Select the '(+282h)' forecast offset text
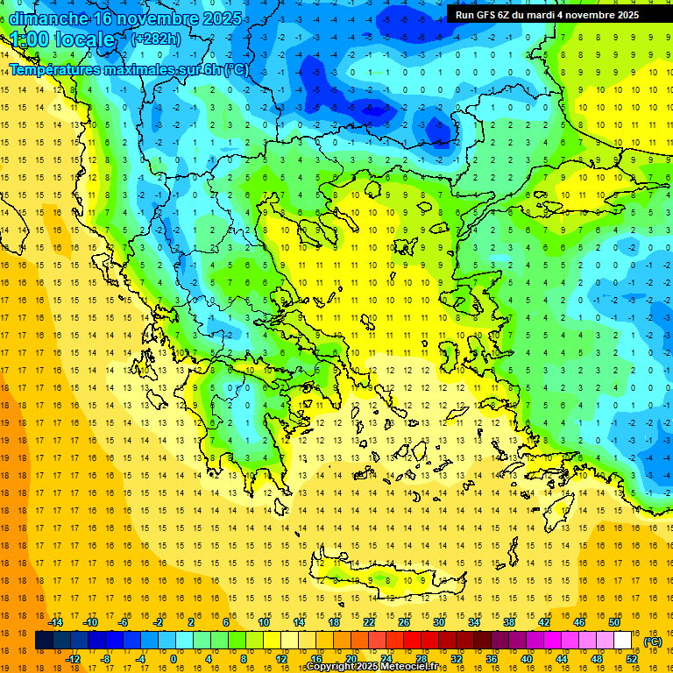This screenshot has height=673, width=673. [156, 39]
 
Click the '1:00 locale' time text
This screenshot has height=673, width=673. [62, 39]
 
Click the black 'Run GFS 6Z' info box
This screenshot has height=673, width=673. [546, 14]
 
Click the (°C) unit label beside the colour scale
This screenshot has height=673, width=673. [653, 641]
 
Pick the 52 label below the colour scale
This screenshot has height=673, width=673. [632, 659]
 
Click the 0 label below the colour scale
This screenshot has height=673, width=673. [173, 659]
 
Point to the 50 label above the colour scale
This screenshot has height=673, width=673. [614, 622]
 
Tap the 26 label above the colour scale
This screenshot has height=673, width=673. [404, 622]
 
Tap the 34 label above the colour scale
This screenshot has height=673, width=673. [474, 622]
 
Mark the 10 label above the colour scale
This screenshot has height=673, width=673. [264, 622]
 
